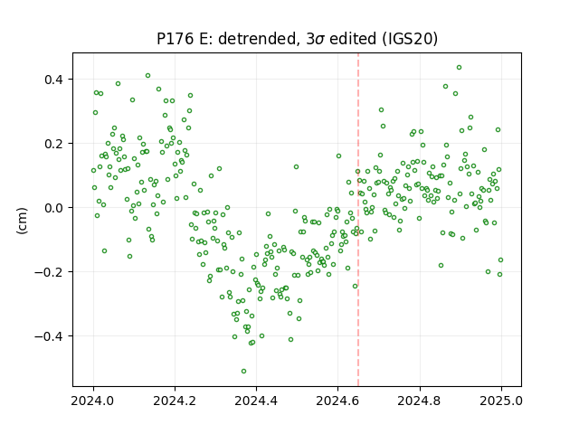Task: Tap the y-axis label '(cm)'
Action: (x=22, y=221)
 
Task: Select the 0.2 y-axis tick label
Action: (x=53, y=144)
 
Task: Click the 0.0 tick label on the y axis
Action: (x=53, y=208)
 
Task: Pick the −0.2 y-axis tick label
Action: (x=49, y=272)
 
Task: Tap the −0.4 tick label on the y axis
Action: (x=49, y=336)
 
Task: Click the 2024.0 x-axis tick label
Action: (x=93, y=401)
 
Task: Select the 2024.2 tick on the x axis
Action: (x=175, y=401)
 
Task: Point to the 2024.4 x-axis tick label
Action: (x=256, y=401)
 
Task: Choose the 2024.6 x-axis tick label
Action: (x=337, y=401)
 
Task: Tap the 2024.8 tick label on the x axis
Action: (x=420, y=401)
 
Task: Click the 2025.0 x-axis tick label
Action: (x=501, y=401)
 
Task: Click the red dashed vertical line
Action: (x=358, y=220)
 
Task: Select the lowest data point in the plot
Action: (x=243, y=371)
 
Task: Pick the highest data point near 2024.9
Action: (x=459, y=68)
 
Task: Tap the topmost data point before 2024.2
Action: (x=147, y=76)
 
